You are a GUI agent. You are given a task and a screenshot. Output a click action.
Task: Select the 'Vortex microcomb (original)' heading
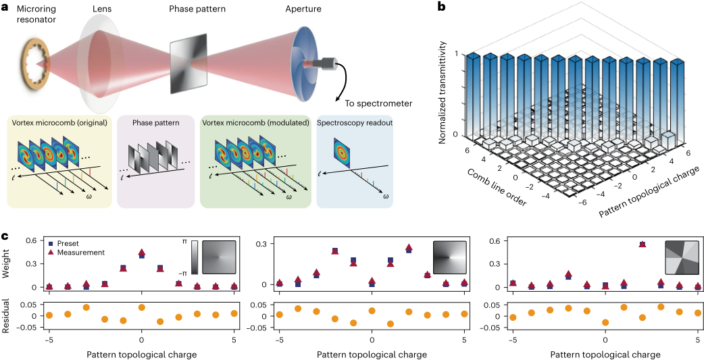coord(58,124)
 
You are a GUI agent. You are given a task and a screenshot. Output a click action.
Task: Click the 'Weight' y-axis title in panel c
coord(6,264)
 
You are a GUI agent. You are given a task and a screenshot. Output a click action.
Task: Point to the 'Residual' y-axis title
coord(6,317)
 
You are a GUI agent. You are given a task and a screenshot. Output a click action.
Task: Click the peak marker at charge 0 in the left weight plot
coord(141,253)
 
